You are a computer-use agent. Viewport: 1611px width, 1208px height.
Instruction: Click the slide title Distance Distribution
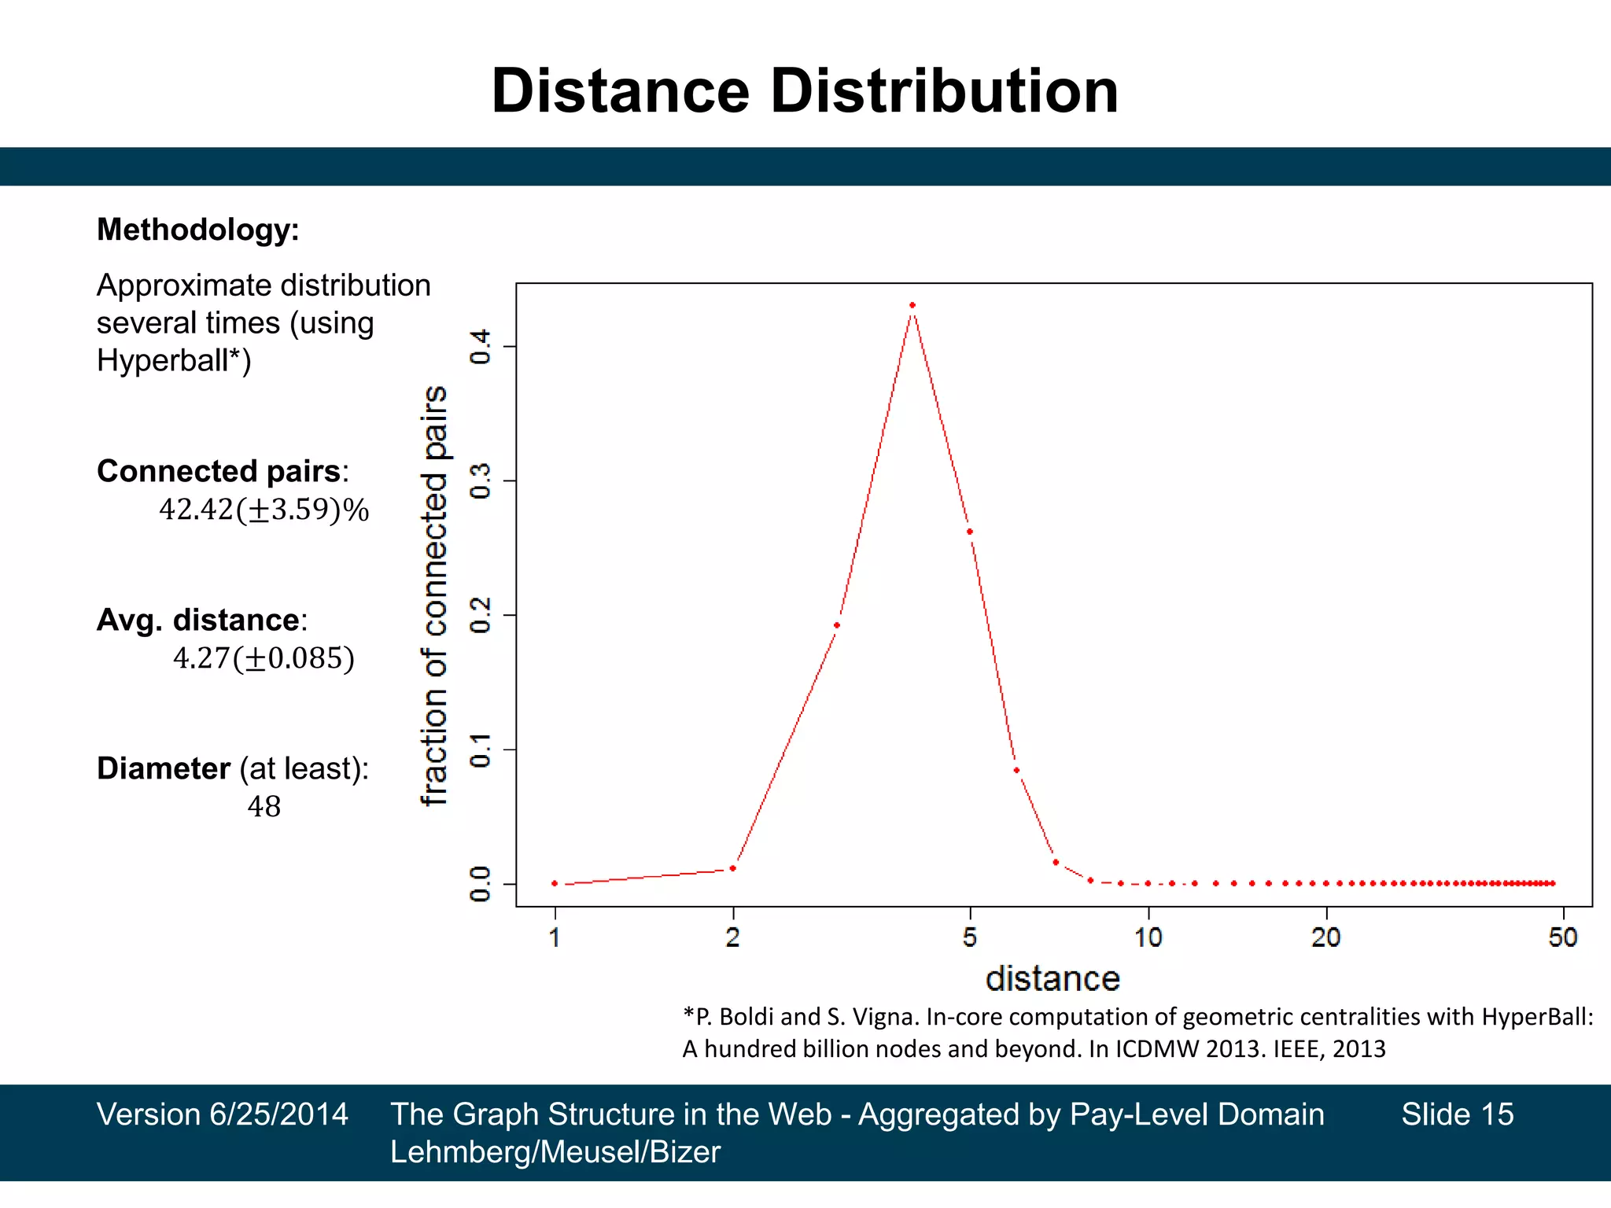pyautogui.click(x=805, y=91)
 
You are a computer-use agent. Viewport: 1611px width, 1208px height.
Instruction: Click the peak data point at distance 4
pyautogui.click(x=912, y=305)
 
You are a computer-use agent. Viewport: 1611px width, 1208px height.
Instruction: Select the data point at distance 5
pyautogui.click(x=969, y=532)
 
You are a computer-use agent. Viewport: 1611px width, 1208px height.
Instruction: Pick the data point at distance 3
pyautogui.click(x=837, y=625)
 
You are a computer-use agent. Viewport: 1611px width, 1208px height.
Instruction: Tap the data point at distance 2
pyautogui.click(x=732, y=868)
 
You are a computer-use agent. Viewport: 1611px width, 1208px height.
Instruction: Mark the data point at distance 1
pyautogui.click(x=555, y=883)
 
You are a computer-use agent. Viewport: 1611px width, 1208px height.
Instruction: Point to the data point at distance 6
pyautogui.click(x=1016, y=770)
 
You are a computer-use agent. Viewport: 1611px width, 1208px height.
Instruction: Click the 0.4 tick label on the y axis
pyautogui.click(x=480, y=346)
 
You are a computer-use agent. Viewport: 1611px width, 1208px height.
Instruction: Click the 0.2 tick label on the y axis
pyautogui.click(x=480, y=615)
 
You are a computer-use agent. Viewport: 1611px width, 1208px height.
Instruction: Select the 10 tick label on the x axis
pyautogui.click(x=1148, y=937)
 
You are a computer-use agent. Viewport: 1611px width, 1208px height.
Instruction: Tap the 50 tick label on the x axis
pyautogui.click(x=1562, y=937)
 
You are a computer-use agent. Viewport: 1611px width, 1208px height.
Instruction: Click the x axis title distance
pyautogui.click(x=1052, y=979)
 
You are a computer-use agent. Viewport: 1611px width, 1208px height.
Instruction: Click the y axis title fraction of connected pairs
pyautogui.click(x=434, y=595)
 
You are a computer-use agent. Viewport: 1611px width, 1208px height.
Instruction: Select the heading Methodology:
pyautogui.click(x=197, y=230)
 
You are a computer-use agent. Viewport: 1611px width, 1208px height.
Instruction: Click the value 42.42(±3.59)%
pyautogui.click(x=264, y=510)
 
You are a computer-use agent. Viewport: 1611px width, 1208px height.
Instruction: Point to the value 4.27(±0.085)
pyautogui.click(x=264, y=658)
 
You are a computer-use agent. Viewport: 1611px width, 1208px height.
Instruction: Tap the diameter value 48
pyautogui.click(x=264, y=806)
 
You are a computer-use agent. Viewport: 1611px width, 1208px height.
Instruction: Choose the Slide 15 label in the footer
pyautogui.click(x=1457, y=1114)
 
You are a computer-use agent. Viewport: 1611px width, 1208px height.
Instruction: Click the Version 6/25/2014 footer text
pyautogui.click(x=222, y=1114)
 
